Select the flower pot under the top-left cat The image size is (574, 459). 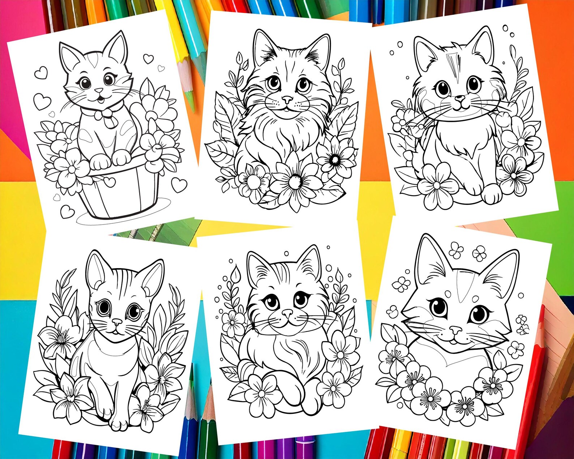[x=119, y=195]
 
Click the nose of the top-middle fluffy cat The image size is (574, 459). [x=287, y=99]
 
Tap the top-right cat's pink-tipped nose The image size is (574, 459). [x=460, y=98]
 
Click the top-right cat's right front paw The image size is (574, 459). [x=492, y=193]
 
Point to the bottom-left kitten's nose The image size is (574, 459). [x=117, y=321]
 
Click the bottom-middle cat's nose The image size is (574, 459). [x=287, y=313]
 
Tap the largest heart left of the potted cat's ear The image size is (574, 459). [x=42, y=101]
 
